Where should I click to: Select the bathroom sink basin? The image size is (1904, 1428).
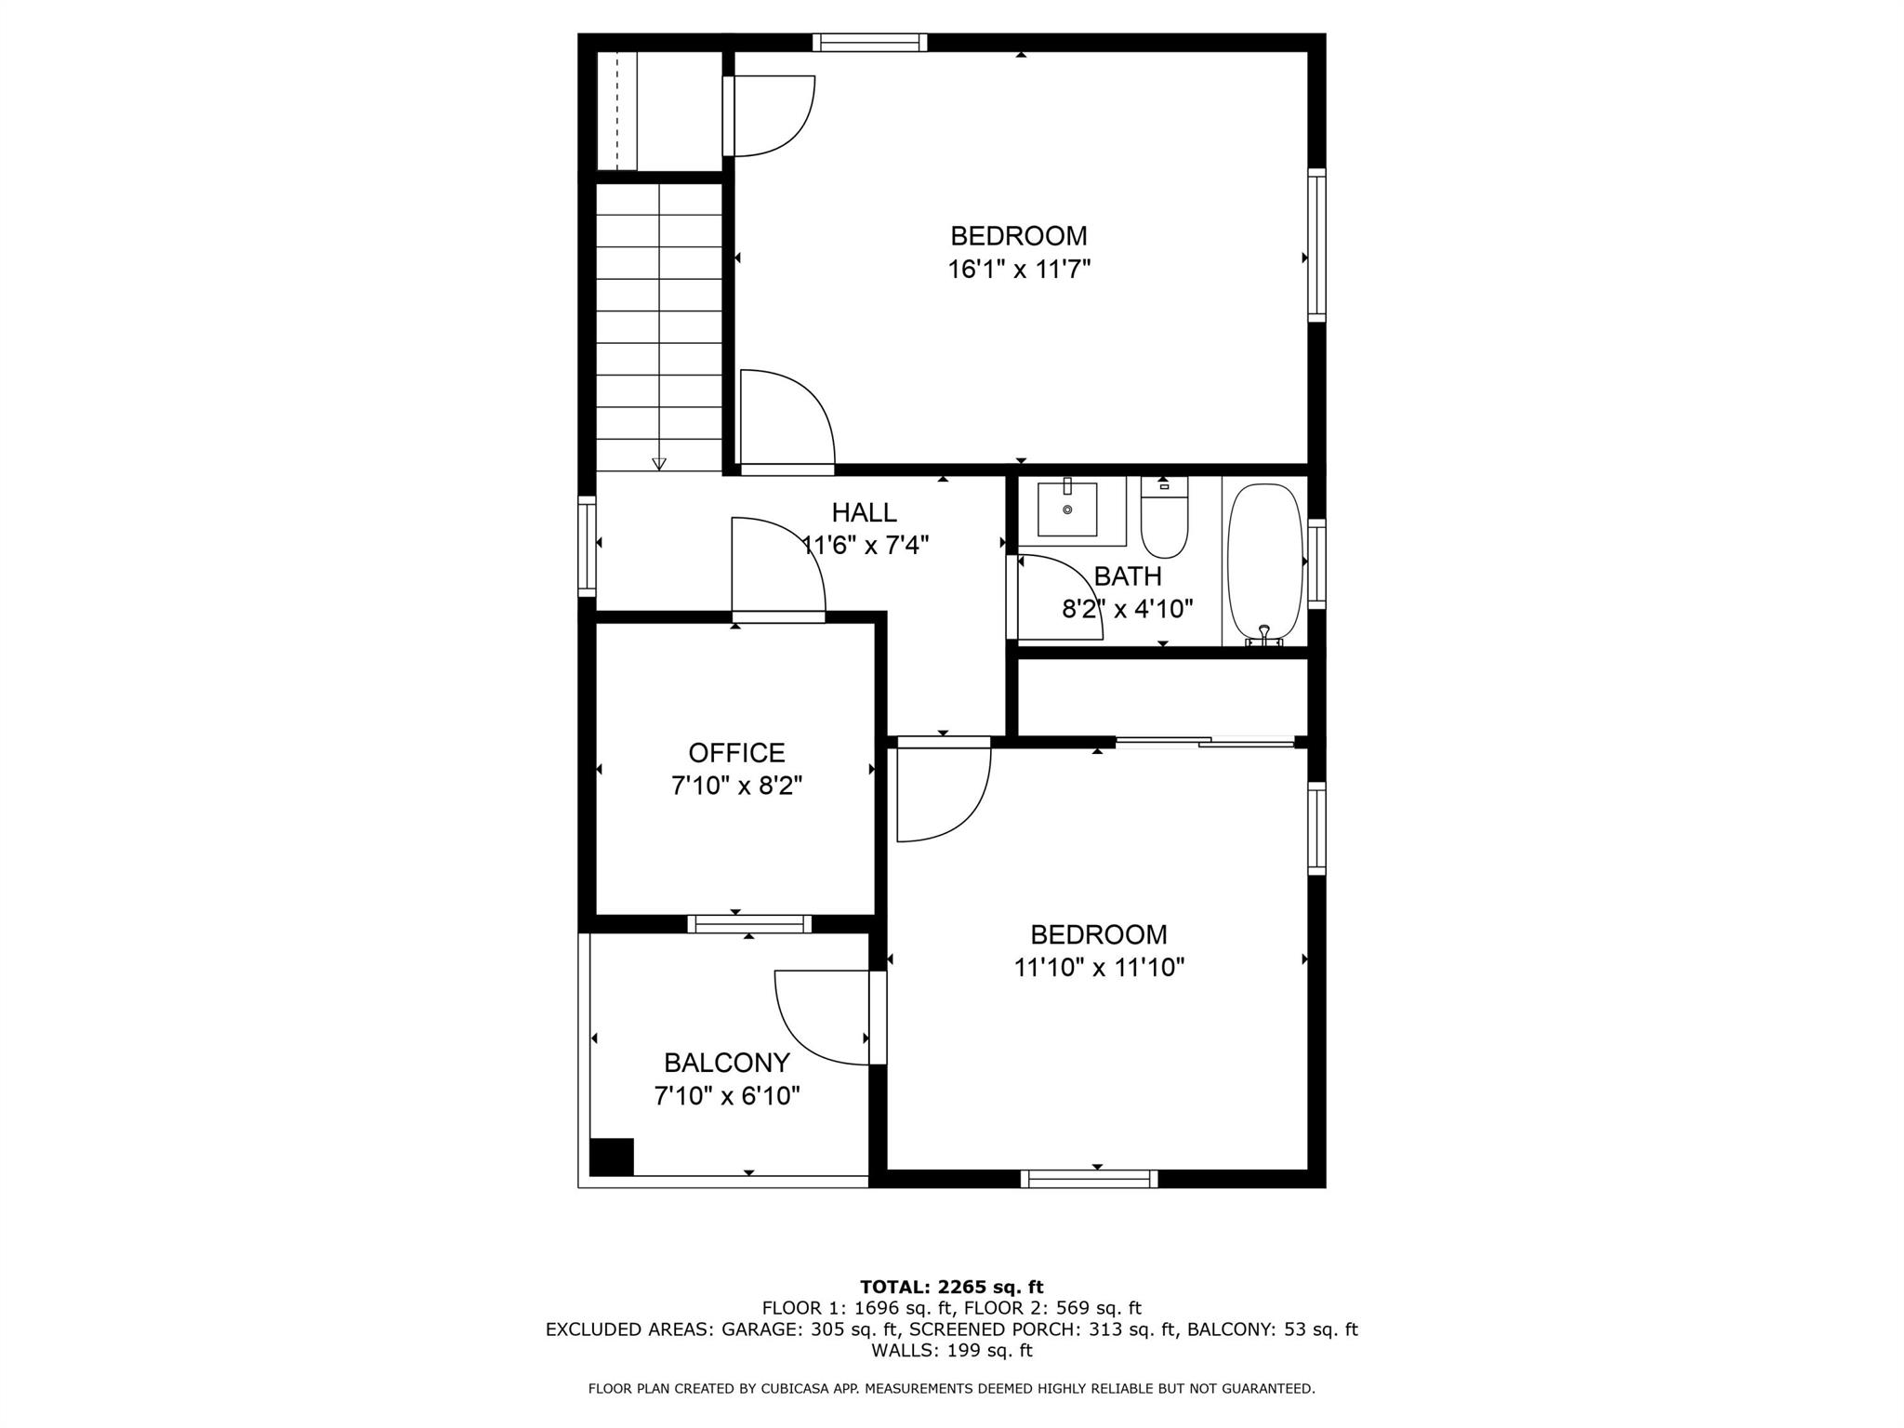click(x=1067, y=510)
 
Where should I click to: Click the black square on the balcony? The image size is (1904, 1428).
click(x=612, y=1157)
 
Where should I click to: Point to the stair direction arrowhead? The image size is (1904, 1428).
click(x=659, y=463)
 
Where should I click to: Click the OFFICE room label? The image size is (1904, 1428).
click(x=736, y=752)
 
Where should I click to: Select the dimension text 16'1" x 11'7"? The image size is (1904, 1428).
click(x=1018, y=270)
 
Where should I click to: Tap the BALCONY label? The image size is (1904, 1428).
click(x=726, y=1062)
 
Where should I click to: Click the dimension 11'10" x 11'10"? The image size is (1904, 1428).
click(x=1098, y=968)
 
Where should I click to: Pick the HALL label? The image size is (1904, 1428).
click(x=864, y=512)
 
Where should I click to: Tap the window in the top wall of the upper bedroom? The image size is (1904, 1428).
click(x=869, y=42)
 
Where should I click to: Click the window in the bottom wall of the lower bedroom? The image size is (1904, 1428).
click(x=1089, y=1179)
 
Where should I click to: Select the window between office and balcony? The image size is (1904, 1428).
click(x=749, y=923)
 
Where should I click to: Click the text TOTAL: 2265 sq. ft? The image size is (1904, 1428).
click(x=951, y=1287)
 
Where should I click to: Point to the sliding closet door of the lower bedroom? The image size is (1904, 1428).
click(x=1205, y=742)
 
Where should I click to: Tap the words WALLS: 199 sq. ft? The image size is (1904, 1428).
click(x=951, y=1350)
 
